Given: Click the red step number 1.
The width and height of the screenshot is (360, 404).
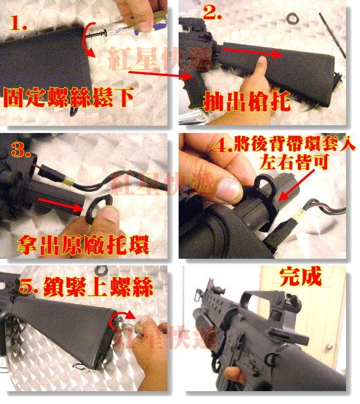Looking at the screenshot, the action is pyautogui.click(x=18, y=23).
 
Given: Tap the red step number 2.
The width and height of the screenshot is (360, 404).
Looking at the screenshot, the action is pyautogui.click(x=212, y=12).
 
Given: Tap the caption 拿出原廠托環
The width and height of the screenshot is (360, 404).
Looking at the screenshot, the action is pyautogui.click(x=83, y=245).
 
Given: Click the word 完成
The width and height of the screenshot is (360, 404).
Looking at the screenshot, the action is pyautogui.click(x=300, y=277).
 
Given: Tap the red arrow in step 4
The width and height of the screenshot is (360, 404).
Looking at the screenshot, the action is pyautogui.click(x=296, y=186).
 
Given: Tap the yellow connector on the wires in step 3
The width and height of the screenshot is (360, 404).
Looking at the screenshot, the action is pyautogui.click(x=69, y=181).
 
